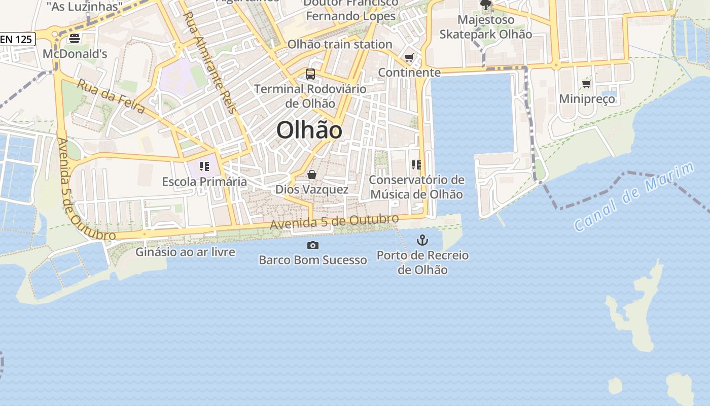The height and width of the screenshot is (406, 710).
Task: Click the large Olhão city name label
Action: (309, 130)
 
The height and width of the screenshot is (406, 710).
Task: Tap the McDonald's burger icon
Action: (75, 38)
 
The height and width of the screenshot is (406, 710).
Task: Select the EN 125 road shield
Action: (17, 39)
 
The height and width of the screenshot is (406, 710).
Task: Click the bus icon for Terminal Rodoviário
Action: (310, 74)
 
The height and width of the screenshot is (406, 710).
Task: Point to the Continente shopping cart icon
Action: (409, 57)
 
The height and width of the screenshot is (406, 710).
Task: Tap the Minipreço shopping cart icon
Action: (587, 84)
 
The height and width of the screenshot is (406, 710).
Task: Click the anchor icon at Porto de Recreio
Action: (422, 240)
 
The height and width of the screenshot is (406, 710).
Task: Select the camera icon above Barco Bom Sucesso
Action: (313, 246)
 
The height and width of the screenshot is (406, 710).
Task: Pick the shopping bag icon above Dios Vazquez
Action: (312, 175)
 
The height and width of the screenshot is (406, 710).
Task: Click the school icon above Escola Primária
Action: (204, 166)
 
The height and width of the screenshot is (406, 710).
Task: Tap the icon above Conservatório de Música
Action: (416, 164)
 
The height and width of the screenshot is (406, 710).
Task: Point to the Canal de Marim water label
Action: (634, 197)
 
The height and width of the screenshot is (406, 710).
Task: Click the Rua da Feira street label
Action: (111, 96)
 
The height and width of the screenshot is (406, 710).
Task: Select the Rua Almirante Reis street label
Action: (209, 62)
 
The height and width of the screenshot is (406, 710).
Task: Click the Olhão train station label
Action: (340, 45)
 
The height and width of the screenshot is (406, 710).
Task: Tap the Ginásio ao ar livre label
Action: (185, 252)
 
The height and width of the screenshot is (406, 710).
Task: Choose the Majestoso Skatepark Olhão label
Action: (485, 27)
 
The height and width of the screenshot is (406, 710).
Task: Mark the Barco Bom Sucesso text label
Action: (313, 260)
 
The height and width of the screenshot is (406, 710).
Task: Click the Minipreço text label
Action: (587, 98)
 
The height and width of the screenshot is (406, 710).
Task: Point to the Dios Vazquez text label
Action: (312, 189)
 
